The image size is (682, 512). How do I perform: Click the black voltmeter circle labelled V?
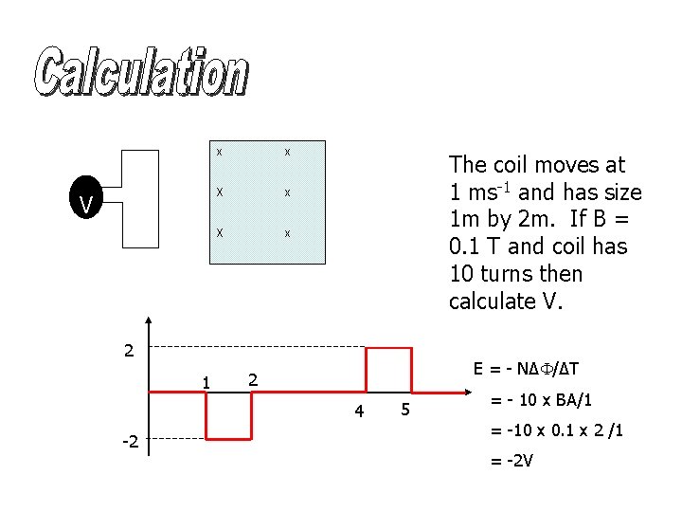coord(86,203)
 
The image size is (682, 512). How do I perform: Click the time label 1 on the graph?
coord(205,381)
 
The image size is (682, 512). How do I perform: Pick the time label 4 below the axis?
coord(358,411)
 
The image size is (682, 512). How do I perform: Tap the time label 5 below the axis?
coord(404,411)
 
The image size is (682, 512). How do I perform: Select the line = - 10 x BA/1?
coord(542,400)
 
